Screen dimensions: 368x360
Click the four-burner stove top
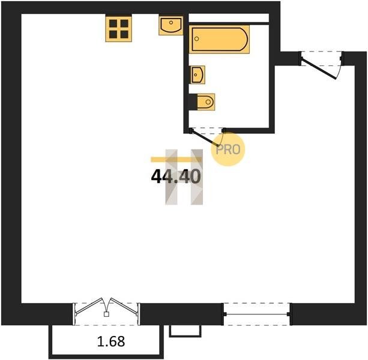118,29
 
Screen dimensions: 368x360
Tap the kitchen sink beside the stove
170,26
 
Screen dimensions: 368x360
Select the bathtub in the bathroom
219,40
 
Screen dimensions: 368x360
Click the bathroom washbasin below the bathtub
198,75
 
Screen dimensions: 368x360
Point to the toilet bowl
206,102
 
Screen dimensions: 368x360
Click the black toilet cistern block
193,102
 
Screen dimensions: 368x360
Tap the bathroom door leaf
205,138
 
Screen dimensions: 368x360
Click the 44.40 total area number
176,176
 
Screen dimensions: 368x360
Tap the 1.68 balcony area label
111,341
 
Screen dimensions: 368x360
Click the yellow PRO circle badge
228,149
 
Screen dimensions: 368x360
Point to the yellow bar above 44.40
176,160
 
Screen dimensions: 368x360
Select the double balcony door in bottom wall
106,307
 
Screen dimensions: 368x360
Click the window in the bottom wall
257,314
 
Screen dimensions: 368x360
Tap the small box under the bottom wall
185,331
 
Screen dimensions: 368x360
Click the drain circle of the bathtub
197,39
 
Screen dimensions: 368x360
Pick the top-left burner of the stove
113,23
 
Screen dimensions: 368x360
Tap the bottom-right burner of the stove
124,34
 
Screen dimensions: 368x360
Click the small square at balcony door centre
106,314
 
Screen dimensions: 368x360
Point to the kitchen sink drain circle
171,23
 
